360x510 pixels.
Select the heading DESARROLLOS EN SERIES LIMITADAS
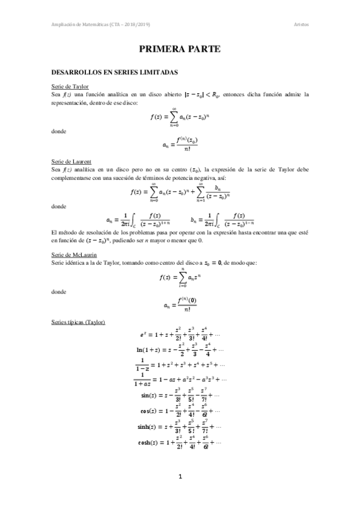[x=114, y=72]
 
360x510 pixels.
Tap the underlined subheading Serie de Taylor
[x=70, y=87]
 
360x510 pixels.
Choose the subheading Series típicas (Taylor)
[x=79, y=323]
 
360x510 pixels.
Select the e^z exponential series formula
[x=180, y=334]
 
